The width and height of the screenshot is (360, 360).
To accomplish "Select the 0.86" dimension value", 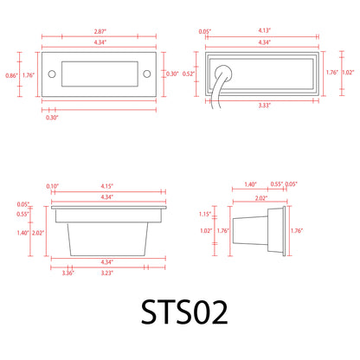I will pos(10,76).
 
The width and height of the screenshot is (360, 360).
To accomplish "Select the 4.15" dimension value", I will pos(108,187).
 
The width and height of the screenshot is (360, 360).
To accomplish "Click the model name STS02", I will pos(180,314).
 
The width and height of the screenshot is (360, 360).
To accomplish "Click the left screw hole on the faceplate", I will pos(50,73).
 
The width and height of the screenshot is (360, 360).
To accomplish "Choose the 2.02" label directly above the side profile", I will pos(260,198).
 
